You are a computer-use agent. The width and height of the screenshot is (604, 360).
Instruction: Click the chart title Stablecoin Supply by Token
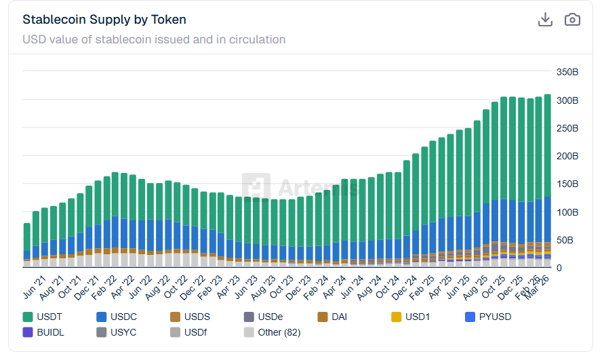click(104, 20)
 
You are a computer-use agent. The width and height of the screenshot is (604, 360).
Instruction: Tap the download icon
click(545, 20)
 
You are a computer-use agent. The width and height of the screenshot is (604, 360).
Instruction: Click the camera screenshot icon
click(572, 20)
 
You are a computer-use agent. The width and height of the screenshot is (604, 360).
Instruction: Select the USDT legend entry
click(45, 317)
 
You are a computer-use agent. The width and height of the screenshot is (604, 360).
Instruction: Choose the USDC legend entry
click(119, 317)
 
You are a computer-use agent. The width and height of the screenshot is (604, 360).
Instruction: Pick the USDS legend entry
click(193, 317)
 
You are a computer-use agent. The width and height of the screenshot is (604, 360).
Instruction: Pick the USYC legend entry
click(119, 332)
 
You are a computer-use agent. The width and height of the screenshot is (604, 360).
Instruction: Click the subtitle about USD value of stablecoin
click(154, 39)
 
